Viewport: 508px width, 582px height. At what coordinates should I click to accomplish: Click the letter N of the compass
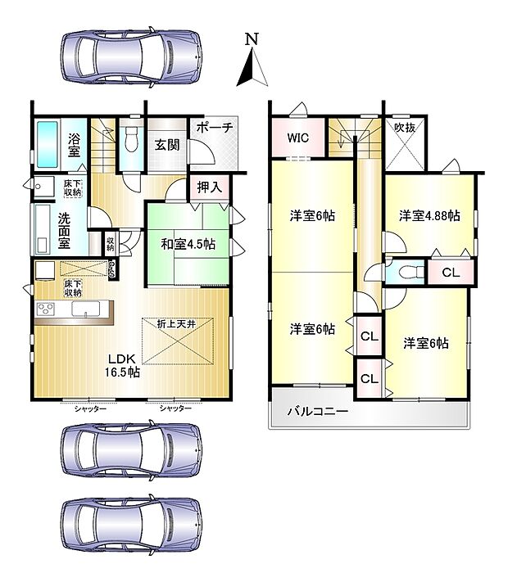point(252,39)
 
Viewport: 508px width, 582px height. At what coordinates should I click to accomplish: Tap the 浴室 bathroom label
point(74,144)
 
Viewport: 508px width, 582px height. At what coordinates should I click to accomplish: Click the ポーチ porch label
point(215,128)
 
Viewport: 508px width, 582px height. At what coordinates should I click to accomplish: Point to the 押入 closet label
point(209,187)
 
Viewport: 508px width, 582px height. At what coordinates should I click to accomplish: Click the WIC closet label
point(297,138)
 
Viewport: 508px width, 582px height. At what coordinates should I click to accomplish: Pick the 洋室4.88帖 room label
point(429,216)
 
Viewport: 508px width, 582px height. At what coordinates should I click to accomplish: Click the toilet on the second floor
point(408,271)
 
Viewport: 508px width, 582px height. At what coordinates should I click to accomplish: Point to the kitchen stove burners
point(45,309)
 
